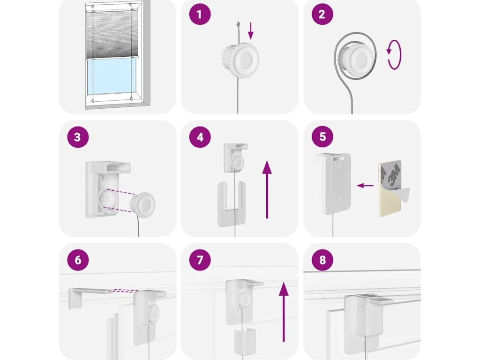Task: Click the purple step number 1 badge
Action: pyautogui.click(x=200, y=15)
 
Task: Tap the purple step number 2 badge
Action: pyautogui.click(x=322, y=15)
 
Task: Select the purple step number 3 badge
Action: pyautogui.click(x=78, y=137)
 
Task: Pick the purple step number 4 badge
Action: pyautogui.click(x=200, y=137)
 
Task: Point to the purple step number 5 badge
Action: pyautogui.click(x=322, y=137)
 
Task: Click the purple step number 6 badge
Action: pyautogui.click(x=78, y=260)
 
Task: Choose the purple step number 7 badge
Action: pyautogui.click(x=200, y=260)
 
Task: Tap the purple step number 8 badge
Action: pyautogui.click(x=322, y=260)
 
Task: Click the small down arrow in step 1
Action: pyautogui.click(x=251, y=30)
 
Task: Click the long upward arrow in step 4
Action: pyautogui.click(x=267, y=189)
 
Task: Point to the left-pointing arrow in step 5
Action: pyautogui.click(x=365, y=186)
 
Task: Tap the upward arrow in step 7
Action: pyautogui.click(x=284, y=312)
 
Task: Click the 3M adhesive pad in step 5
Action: pyautogui.click(x=392, y=189)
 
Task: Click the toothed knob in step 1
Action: pyautogui.click(x=240, y=59)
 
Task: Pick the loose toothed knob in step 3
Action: pyautogui.click(x=143, y=204)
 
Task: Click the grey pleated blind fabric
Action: pyautogui.click(x=112, y=34)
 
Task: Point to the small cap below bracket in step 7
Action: pyautogui.click(x=245, y=341)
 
